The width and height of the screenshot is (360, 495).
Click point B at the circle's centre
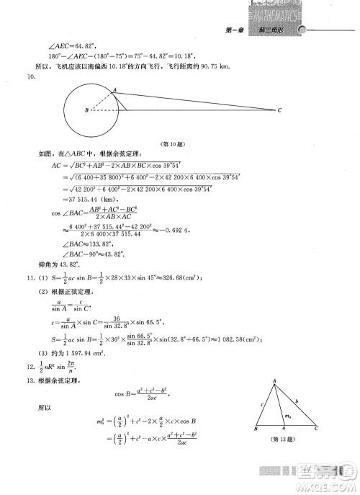click(x=86, y=110)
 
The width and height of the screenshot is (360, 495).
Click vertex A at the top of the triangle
click(x=274, y=381)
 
